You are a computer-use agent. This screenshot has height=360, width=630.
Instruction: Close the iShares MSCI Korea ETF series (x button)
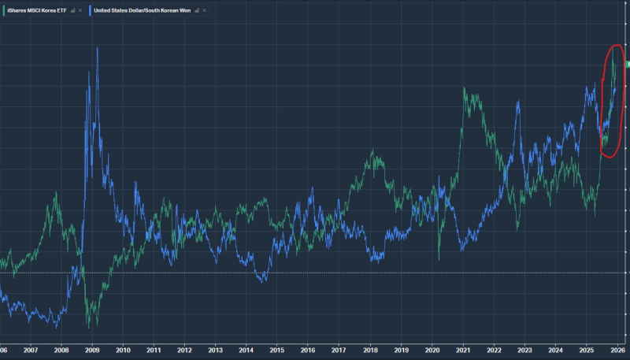(80, 10)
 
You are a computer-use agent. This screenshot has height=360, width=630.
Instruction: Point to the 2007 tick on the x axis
(31, 350)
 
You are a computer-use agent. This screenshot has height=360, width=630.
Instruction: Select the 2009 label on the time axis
(92, 350)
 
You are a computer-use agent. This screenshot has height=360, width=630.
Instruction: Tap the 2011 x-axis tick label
(154, 350)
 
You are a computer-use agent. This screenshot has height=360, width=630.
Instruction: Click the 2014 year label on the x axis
(246, 350)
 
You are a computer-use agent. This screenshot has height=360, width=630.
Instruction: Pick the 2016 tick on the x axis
(307, 350)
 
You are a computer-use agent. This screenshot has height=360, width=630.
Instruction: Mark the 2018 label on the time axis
(369, 350)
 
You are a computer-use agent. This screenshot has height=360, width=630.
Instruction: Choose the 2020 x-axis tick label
(432, 350)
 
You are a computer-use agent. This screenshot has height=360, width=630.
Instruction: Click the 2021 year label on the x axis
(462, 350)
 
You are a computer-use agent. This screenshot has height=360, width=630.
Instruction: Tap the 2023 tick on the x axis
(524, 350)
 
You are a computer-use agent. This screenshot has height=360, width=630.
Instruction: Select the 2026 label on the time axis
(617, 350)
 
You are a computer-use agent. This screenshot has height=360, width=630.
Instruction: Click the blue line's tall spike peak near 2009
(97, 48)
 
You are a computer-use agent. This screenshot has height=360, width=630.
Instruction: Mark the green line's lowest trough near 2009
(88, 325)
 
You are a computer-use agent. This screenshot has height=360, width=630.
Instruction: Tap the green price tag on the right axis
(627, 63)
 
